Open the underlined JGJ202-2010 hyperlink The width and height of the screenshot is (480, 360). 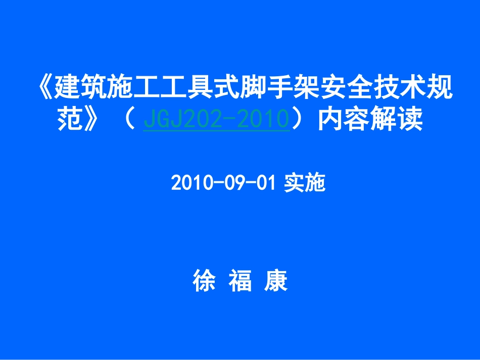[x=216, y=121]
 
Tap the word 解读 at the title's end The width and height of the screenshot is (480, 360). [x=396, y=120]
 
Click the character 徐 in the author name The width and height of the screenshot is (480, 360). [x=204, y=281]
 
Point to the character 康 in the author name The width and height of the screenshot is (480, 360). [x=276, y=281]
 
